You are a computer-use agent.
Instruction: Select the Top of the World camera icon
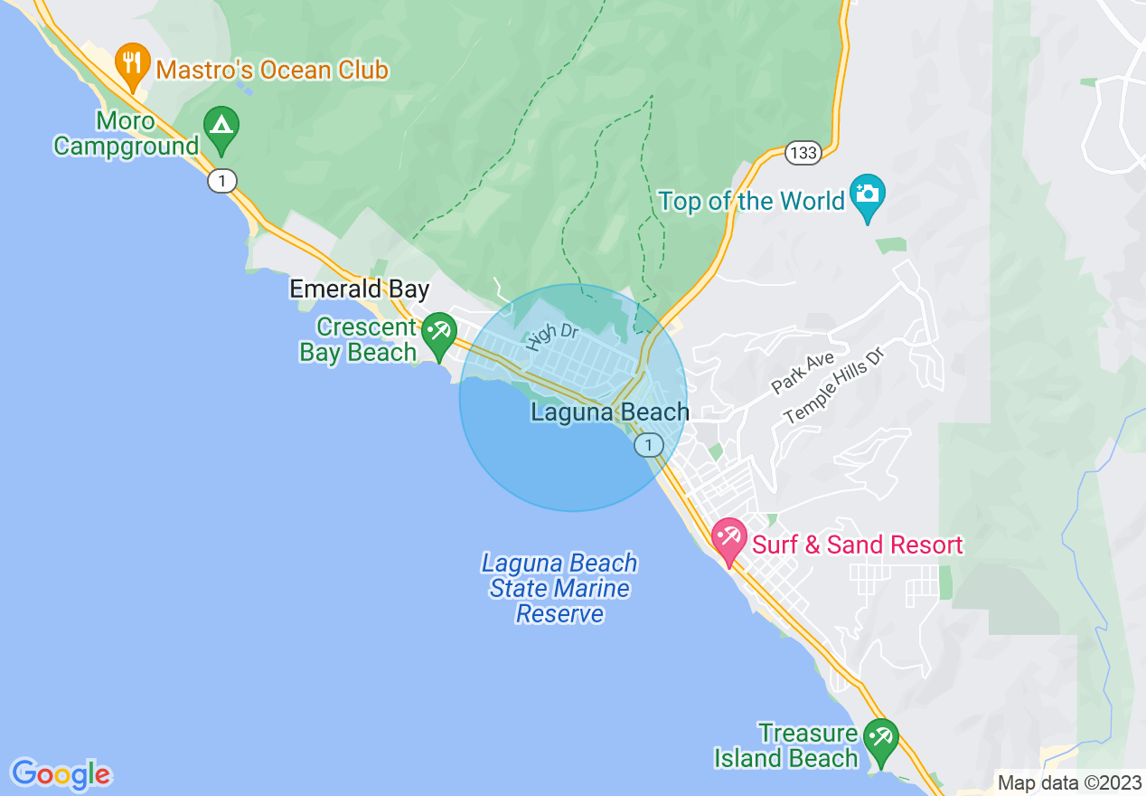coord(869,196)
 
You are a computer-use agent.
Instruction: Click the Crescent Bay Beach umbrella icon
coord(439,332)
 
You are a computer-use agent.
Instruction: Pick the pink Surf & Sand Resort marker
coord(728,539)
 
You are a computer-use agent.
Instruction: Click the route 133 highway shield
coord(802,153)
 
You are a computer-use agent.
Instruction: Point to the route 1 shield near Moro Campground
coord(221,181)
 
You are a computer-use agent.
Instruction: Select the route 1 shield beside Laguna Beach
coord(648,444)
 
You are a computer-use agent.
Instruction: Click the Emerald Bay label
coord(359,289)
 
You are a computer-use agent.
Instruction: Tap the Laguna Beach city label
coord(610,412)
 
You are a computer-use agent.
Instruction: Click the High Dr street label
coord(551,336)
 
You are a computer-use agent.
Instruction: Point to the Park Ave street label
coord(803,373)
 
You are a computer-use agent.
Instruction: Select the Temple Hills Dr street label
coord(832,384)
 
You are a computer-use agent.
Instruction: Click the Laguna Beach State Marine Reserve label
coord(559,589)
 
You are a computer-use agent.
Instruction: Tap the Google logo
coord(61,774)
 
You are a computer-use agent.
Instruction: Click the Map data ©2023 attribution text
coord(1068,782)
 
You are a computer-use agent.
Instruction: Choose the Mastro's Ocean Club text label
coord(272,70)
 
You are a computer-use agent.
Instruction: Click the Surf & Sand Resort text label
coord(858,545)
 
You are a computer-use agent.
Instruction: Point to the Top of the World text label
coord(752,201)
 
